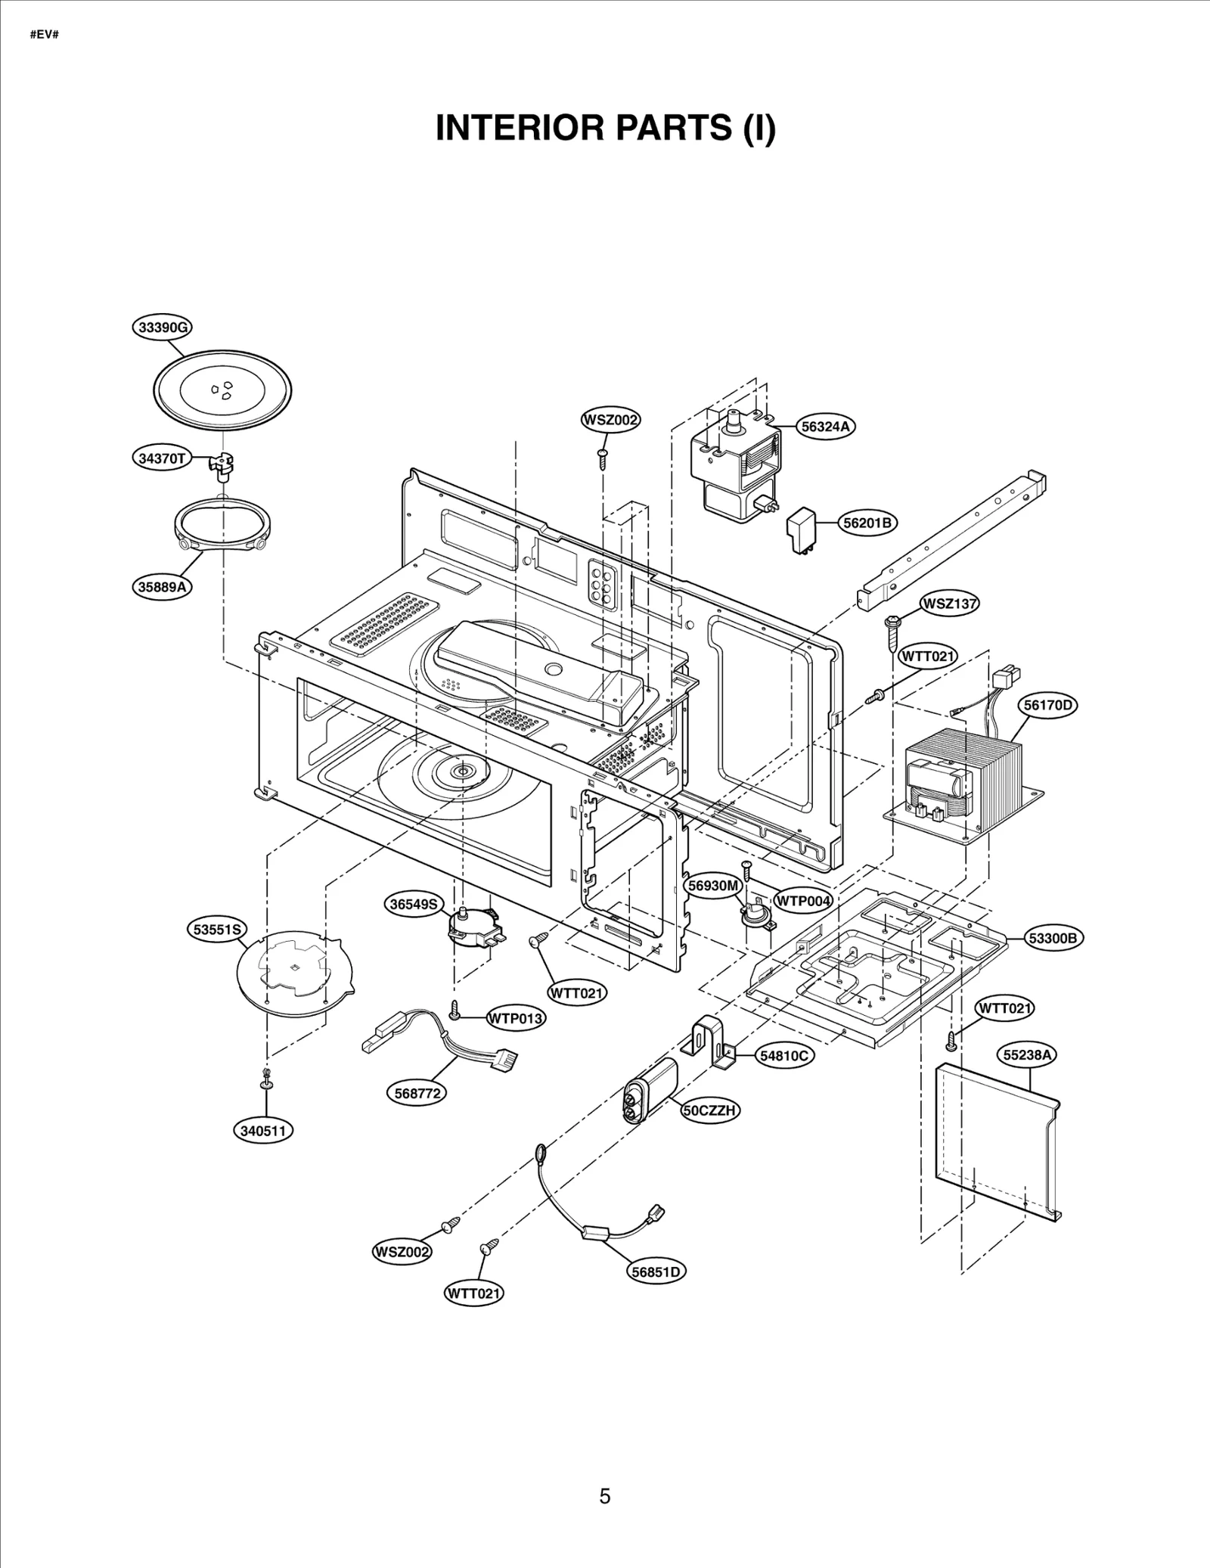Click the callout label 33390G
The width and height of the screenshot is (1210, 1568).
[x=162, y=328]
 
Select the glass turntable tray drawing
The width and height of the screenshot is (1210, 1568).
[x=223, y=390]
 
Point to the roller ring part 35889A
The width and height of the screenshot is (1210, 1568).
[x=224, y=524]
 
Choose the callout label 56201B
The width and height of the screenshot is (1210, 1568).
[x=868, y=523]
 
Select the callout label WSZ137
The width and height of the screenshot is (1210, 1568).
[x=949, y=604]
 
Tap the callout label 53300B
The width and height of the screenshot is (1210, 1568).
[x=1054, y=938]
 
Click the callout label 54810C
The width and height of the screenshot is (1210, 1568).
[x=784, y=1056]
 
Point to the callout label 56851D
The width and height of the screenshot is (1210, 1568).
[x=657, y=1271]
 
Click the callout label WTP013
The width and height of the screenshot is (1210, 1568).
[x=516, y=1018]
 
